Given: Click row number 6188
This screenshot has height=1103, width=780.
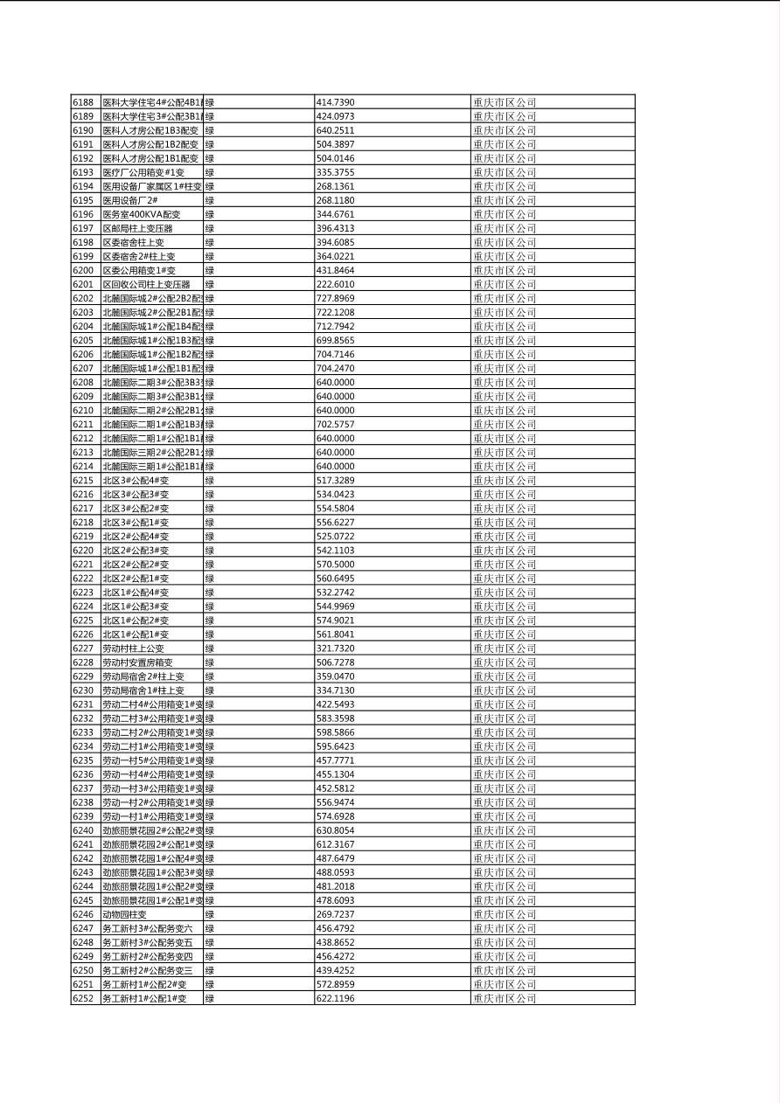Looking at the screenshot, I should [x=83, y=102].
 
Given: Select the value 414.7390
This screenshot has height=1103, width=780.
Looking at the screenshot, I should [x=335, y=102].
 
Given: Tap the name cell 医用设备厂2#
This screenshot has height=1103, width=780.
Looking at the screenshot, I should [x=130, y=200].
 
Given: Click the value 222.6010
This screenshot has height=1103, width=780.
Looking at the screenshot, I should [x=335, y=284].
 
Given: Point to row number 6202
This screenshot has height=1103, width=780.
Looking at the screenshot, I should [x=83, y=298].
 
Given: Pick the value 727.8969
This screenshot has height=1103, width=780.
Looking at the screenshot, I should [x=335, y=298].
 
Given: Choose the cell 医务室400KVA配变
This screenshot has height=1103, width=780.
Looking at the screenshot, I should [x=142, y=214].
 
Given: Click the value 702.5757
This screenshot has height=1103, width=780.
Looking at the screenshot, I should [x=335, y=424].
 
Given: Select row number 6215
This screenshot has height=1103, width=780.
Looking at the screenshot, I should [x=83, y=480].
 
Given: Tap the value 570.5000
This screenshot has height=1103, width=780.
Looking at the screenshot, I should [x=335, y=564].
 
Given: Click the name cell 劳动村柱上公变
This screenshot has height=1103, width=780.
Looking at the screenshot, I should [x=133, y=649].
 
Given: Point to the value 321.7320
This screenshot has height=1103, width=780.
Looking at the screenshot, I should [x=335, y=649].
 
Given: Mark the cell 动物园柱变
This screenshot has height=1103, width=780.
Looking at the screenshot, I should [x=124, y=914].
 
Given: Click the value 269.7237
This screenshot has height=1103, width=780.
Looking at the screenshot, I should [x=335, y=914].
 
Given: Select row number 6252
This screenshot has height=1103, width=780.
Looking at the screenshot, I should [x=83, y=998].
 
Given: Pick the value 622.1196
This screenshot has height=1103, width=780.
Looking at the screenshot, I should [x=335, y=998].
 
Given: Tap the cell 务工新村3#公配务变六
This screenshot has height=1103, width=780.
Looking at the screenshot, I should [x=147, y=928].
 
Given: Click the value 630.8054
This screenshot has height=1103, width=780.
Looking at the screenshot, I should [x=335, y=830].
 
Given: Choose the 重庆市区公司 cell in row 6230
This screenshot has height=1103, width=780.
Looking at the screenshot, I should [x=505, y=690].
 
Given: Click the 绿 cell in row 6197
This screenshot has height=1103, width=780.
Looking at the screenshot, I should [x=210, y=228].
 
